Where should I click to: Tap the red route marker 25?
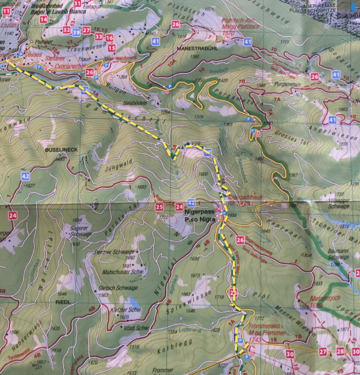pos(159,207)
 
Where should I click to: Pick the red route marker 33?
pos(99,37)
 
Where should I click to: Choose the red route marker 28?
pos(340,351)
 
